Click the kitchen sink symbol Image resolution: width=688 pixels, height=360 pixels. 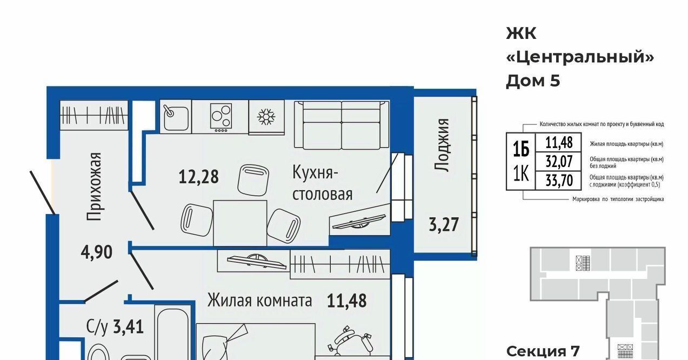(176, 116)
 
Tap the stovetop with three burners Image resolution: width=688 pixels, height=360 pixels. (221, 116)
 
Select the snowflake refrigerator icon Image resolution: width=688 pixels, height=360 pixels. (266, 117)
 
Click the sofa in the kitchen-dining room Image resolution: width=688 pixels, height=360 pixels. (342, 125)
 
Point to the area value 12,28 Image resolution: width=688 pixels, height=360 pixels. (198, 177)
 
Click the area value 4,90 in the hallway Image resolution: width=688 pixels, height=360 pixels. (96, 252)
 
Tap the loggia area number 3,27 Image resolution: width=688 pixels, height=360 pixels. (444, 224)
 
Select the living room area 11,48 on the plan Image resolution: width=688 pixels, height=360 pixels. (346, 301)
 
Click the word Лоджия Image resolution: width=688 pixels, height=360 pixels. (442, 145)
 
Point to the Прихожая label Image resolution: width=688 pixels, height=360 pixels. (93, 186)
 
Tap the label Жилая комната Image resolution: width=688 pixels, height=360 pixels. (259, 301)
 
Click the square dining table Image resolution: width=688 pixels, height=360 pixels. (240, 223)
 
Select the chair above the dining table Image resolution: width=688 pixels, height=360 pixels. (253, 180)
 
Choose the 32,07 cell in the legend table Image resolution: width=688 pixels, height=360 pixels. (559, 162)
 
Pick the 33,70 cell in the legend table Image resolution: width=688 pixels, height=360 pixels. (559, 181)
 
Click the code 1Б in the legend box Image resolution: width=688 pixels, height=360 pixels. (521, 149)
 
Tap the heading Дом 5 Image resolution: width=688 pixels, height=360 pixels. (533, 81)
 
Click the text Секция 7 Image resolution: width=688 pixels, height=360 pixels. (543, 351)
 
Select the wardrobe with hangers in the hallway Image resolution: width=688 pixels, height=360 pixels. (93, 116)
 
